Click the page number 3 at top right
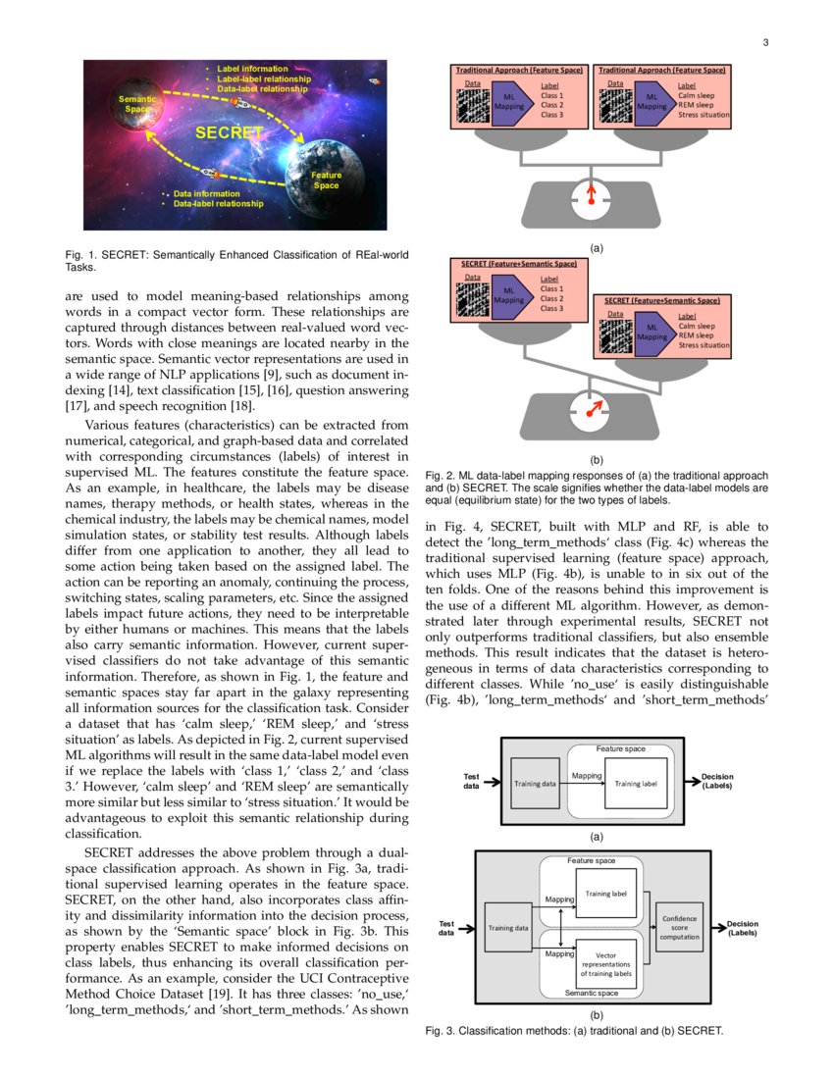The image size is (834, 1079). tap(765, 42)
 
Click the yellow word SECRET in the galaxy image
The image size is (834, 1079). tap(229, 132)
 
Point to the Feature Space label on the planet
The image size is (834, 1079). tap(327, 180)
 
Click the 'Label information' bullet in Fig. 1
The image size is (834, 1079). tap(252, 69)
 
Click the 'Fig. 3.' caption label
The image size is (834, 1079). tap(441, 1031)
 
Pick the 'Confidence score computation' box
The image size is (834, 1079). tap(679, 927)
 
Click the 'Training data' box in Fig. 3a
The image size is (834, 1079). tap(536, 784)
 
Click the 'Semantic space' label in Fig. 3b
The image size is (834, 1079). tap(592, 993)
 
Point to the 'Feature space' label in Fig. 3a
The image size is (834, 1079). tap(620, 748)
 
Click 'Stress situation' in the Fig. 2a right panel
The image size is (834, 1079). tap(704, 115)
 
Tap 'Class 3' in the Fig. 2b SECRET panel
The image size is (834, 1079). tap(551, 308)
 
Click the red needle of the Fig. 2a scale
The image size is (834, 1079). tap(591, 192)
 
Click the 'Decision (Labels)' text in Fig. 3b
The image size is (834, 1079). tap(742, 927)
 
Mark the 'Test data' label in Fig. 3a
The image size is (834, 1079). tap(471, 781)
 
